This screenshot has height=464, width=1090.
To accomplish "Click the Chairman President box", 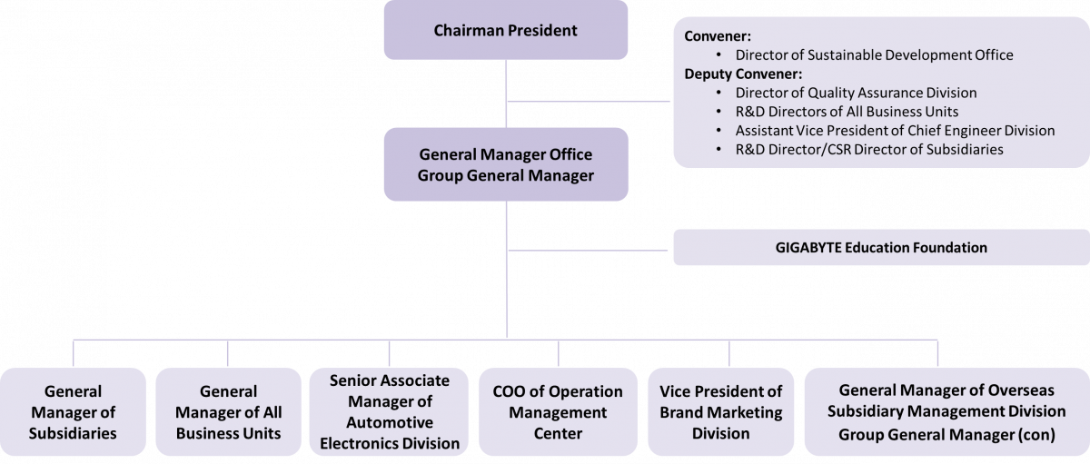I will [505, 31].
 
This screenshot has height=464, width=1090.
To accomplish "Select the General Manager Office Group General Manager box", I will [505, 163].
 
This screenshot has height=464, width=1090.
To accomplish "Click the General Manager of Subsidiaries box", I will [73, 411].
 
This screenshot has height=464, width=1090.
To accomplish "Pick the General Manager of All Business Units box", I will [228, 411].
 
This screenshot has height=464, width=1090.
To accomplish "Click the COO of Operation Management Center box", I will [558, 411].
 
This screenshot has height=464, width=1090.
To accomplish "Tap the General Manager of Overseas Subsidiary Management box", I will [946, 411].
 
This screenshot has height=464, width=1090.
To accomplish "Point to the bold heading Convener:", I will [718, 38].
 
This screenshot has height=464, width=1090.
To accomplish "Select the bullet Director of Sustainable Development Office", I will [874, 55].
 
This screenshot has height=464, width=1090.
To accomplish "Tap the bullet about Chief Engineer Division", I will [895, 131].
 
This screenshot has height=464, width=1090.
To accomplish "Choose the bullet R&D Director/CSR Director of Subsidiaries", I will [869, 150].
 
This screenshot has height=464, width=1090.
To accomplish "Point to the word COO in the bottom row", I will [509, 391].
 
